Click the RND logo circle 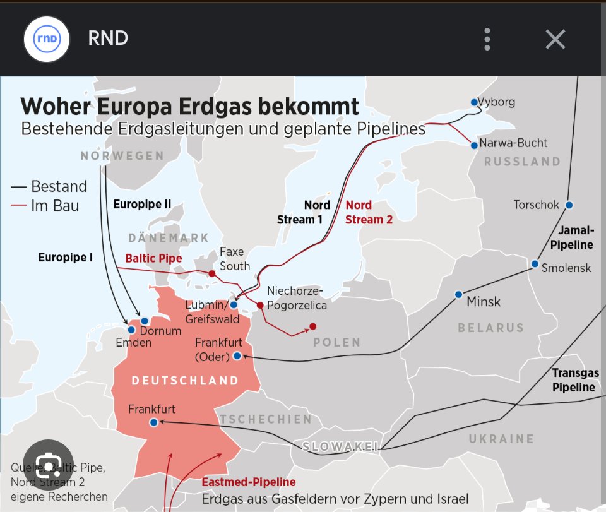click(x=46, y=39)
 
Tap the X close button click(x=555, y=39)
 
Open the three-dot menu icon click(x=487, y=39)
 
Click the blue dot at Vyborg click(x=474, y=102)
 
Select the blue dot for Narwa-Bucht click(x=474, y=145)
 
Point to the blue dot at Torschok click(x=569, y=205)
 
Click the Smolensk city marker click(x=535, y=264)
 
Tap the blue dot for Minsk click(x=459, y=295)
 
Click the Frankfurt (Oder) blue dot click(x=237, y=356)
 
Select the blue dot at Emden click(x=131, y=330)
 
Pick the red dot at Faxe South click(x=212, y=273)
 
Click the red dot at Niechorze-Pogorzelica click(x=259, y=306)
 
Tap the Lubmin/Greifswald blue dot click(x=234, y=305)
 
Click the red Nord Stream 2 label click(x=369, y=212)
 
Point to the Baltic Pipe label click(x=153, y=258)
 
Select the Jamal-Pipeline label click(x=572, y=237)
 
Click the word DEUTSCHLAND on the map click(x=185, y=381)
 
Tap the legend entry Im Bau click(x=55, y=205)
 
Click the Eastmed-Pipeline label click(x=249, y=483)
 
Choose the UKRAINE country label click(x=501, y=439)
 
